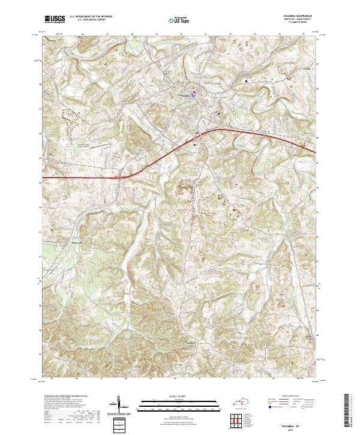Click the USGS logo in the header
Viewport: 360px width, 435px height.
pos(55,19)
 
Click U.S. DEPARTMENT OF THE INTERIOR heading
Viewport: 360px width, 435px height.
pos(91,17)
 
